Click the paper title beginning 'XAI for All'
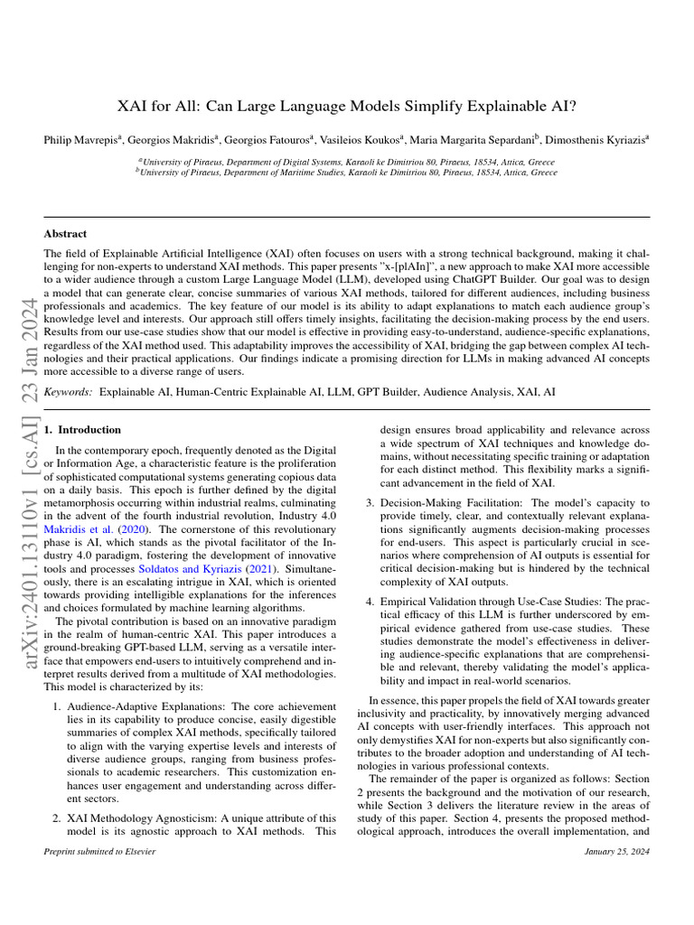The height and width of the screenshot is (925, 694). point(347,106)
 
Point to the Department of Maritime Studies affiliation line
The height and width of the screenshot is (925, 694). point(347,172)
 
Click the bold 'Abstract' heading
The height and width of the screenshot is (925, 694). point(66,233)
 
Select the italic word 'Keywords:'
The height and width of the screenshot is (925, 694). point(69,393)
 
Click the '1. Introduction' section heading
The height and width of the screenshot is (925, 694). point(83,430)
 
